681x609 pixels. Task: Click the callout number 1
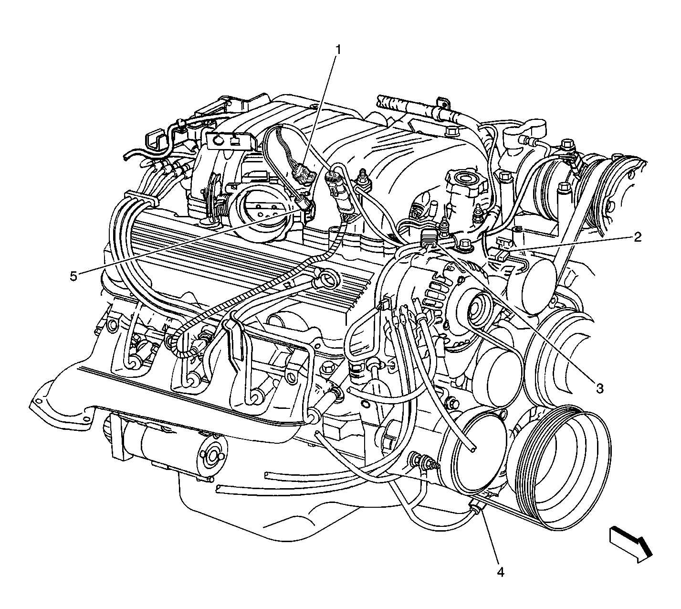coord(338,50)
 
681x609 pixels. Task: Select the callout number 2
coord(637,237)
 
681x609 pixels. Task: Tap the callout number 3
coord(600,389)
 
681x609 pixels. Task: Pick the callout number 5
coord(73,276)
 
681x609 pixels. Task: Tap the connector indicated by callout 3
coord(429,238)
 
